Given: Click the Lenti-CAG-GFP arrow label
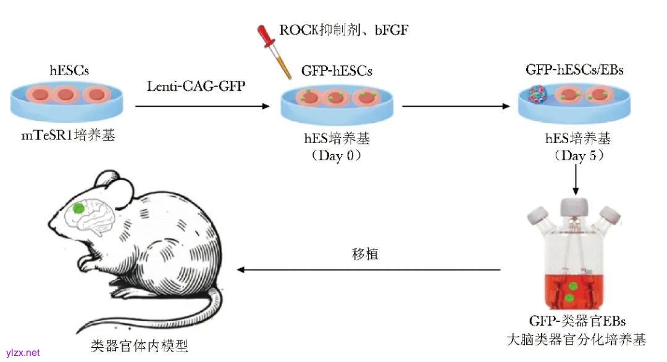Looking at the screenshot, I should (196, 86).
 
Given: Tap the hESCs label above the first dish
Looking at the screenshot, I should (66, 72).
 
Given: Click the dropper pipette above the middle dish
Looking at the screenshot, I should (275, 52).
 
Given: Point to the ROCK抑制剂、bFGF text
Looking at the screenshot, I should (344, 29).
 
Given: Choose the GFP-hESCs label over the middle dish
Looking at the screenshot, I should (337, 72).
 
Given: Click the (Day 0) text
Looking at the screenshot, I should (337, 155).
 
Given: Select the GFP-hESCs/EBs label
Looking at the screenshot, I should (574, 70).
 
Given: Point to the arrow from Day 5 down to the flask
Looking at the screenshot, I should (576, 179).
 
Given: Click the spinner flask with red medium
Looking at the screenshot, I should (574, 265).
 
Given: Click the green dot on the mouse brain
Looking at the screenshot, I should (78, 208).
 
